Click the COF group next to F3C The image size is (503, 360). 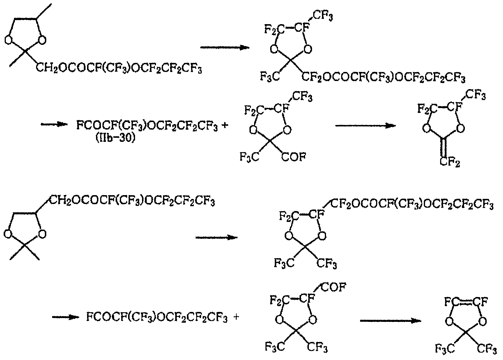(x=294, y=157)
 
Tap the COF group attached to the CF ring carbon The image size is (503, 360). (x=334, y=287)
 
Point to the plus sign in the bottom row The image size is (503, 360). (x=236, y=317)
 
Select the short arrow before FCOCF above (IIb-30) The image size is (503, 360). (x=54, y=124)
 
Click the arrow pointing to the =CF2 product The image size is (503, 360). (x=366, y=126)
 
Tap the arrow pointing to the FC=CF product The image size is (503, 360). (x=391, y=321)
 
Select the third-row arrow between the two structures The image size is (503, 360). (x=217, y=238)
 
